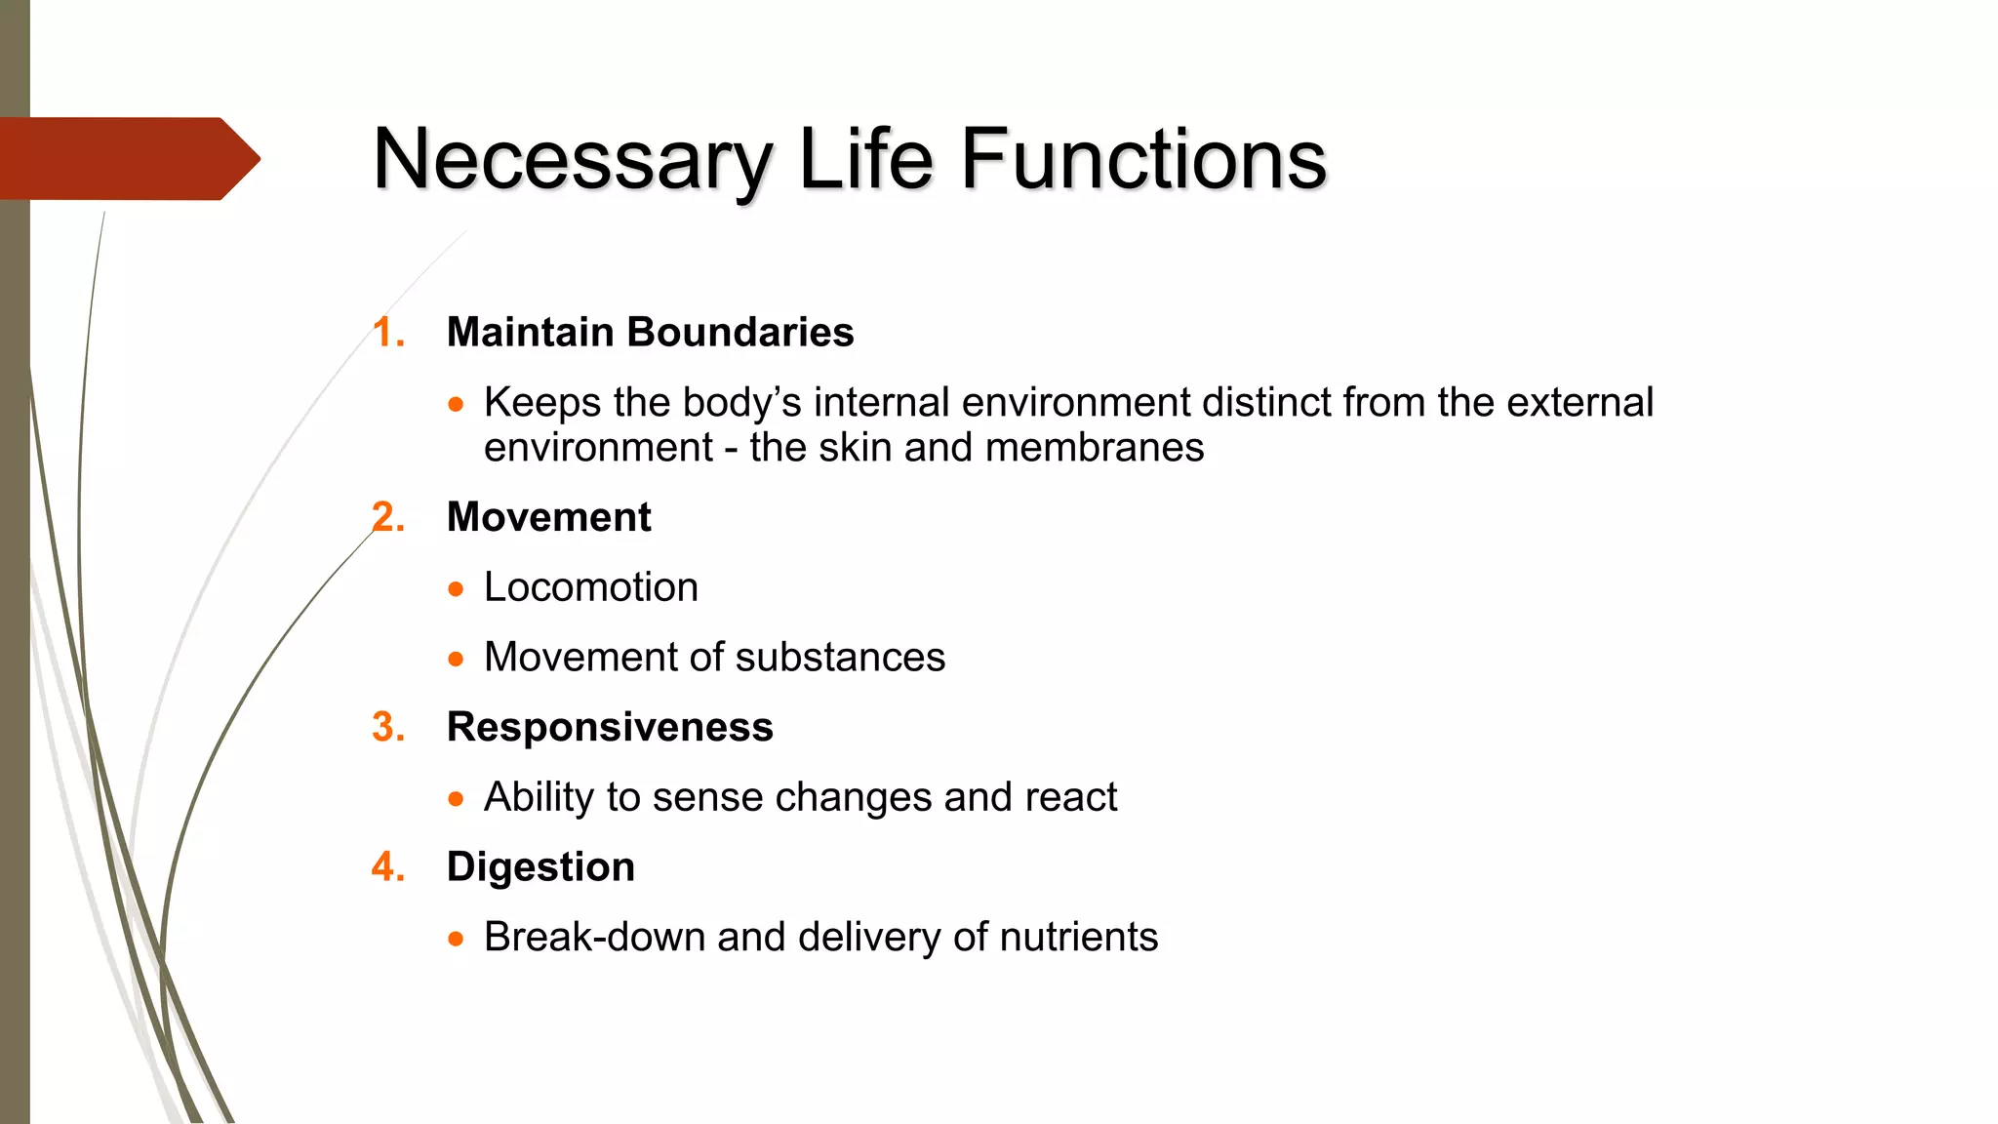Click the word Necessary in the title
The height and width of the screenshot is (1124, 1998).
[573, 160]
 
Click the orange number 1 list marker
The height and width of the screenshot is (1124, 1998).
[388, 333]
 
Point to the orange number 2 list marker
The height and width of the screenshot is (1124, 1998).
[388, 517]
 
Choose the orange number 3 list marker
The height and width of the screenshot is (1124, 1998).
[388, 728]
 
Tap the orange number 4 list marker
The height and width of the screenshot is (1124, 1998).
[388, 867]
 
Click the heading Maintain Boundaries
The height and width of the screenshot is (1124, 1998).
[650, 333]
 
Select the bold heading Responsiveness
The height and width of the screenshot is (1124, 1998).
[610, 728]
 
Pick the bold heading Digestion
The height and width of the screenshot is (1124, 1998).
[540, 867]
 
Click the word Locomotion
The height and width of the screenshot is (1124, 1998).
[591, 587]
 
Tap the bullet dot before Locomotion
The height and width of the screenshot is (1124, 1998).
[456, 589]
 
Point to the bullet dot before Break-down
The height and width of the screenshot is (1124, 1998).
[456, 940]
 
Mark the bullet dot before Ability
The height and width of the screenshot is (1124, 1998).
[456, 799]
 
